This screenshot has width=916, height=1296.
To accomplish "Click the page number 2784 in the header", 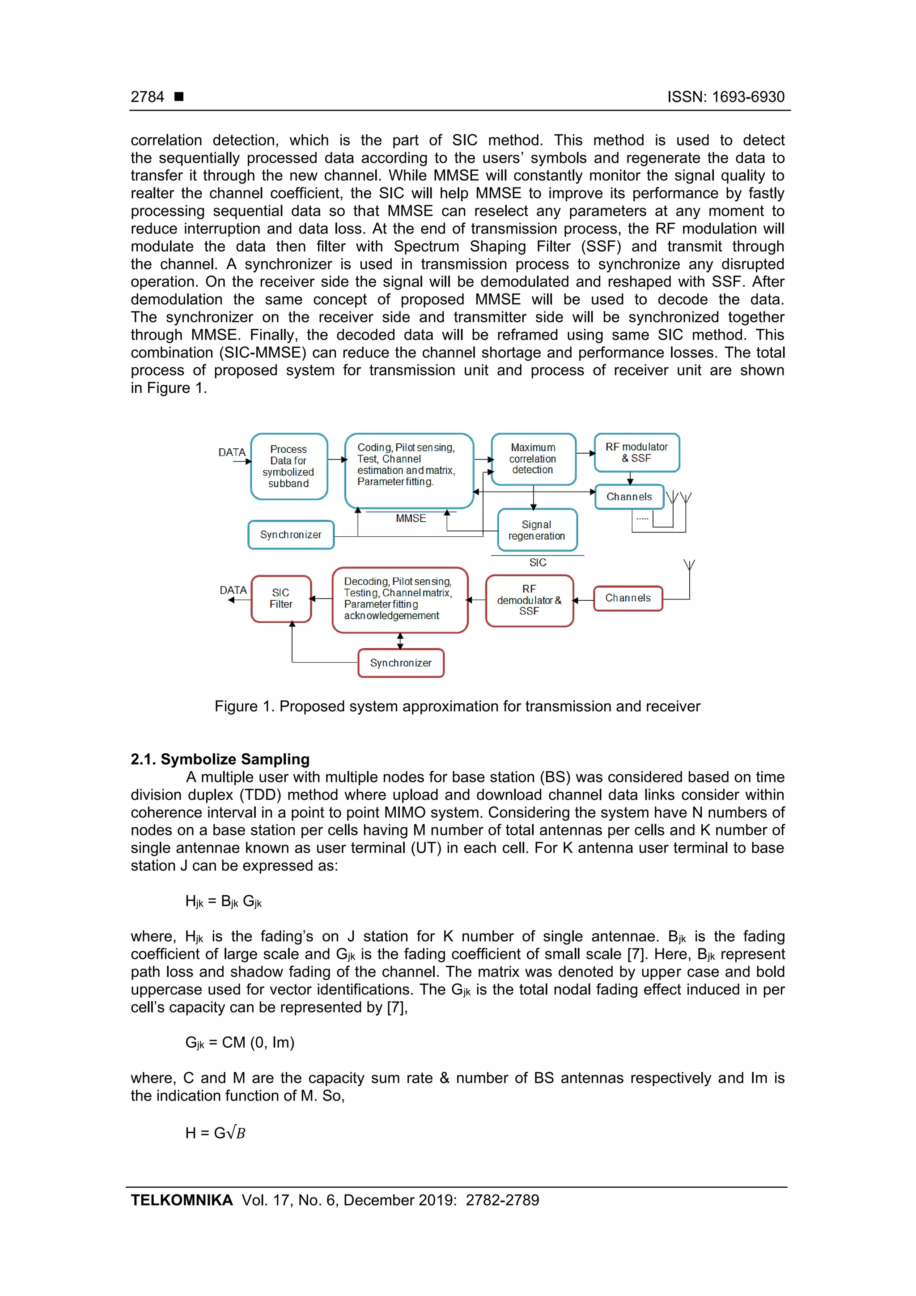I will click(147, 97).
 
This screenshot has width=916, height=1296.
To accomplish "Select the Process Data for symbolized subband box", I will click(289, 466).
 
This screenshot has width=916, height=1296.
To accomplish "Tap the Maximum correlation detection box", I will click(533, 459).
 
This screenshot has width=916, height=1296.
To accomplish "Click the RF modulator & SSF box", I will click(636, 453).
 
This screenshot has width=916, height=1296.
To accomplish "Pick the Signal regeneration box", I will click(537, 530).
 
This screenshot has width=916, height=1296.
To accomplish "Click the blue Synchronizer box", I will click(291, 535).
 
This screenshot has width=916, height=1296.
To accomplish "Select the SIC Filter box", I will click(281, 599).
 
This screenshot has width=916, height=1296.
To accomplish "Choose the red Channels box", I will click(628, 598).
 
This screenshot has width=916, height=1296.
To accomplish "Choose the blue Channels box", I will click(629, 497).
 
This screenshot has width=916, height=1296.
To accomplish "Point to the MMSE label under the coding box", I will click(411, 518).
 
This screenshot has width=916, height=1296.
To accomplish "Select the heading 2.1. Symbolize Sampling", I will click(220, 759).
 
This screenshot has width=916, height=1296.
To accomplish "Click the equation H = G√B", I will click(215, 1133).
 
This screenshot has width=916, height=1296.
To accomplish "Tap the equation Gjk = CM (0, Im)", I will click(240, 1042).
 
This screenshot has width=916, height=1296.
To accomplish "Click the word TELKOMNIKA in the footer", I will click(182, 1200).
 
